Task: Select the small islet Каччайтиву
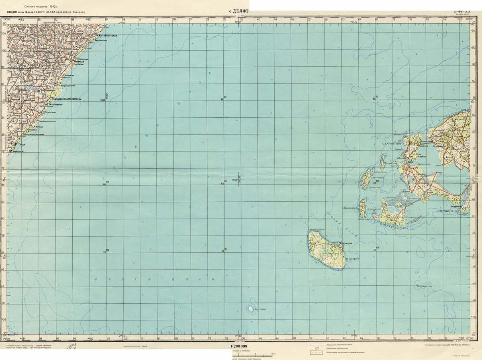251,309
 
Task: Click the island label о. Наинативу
349,208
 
